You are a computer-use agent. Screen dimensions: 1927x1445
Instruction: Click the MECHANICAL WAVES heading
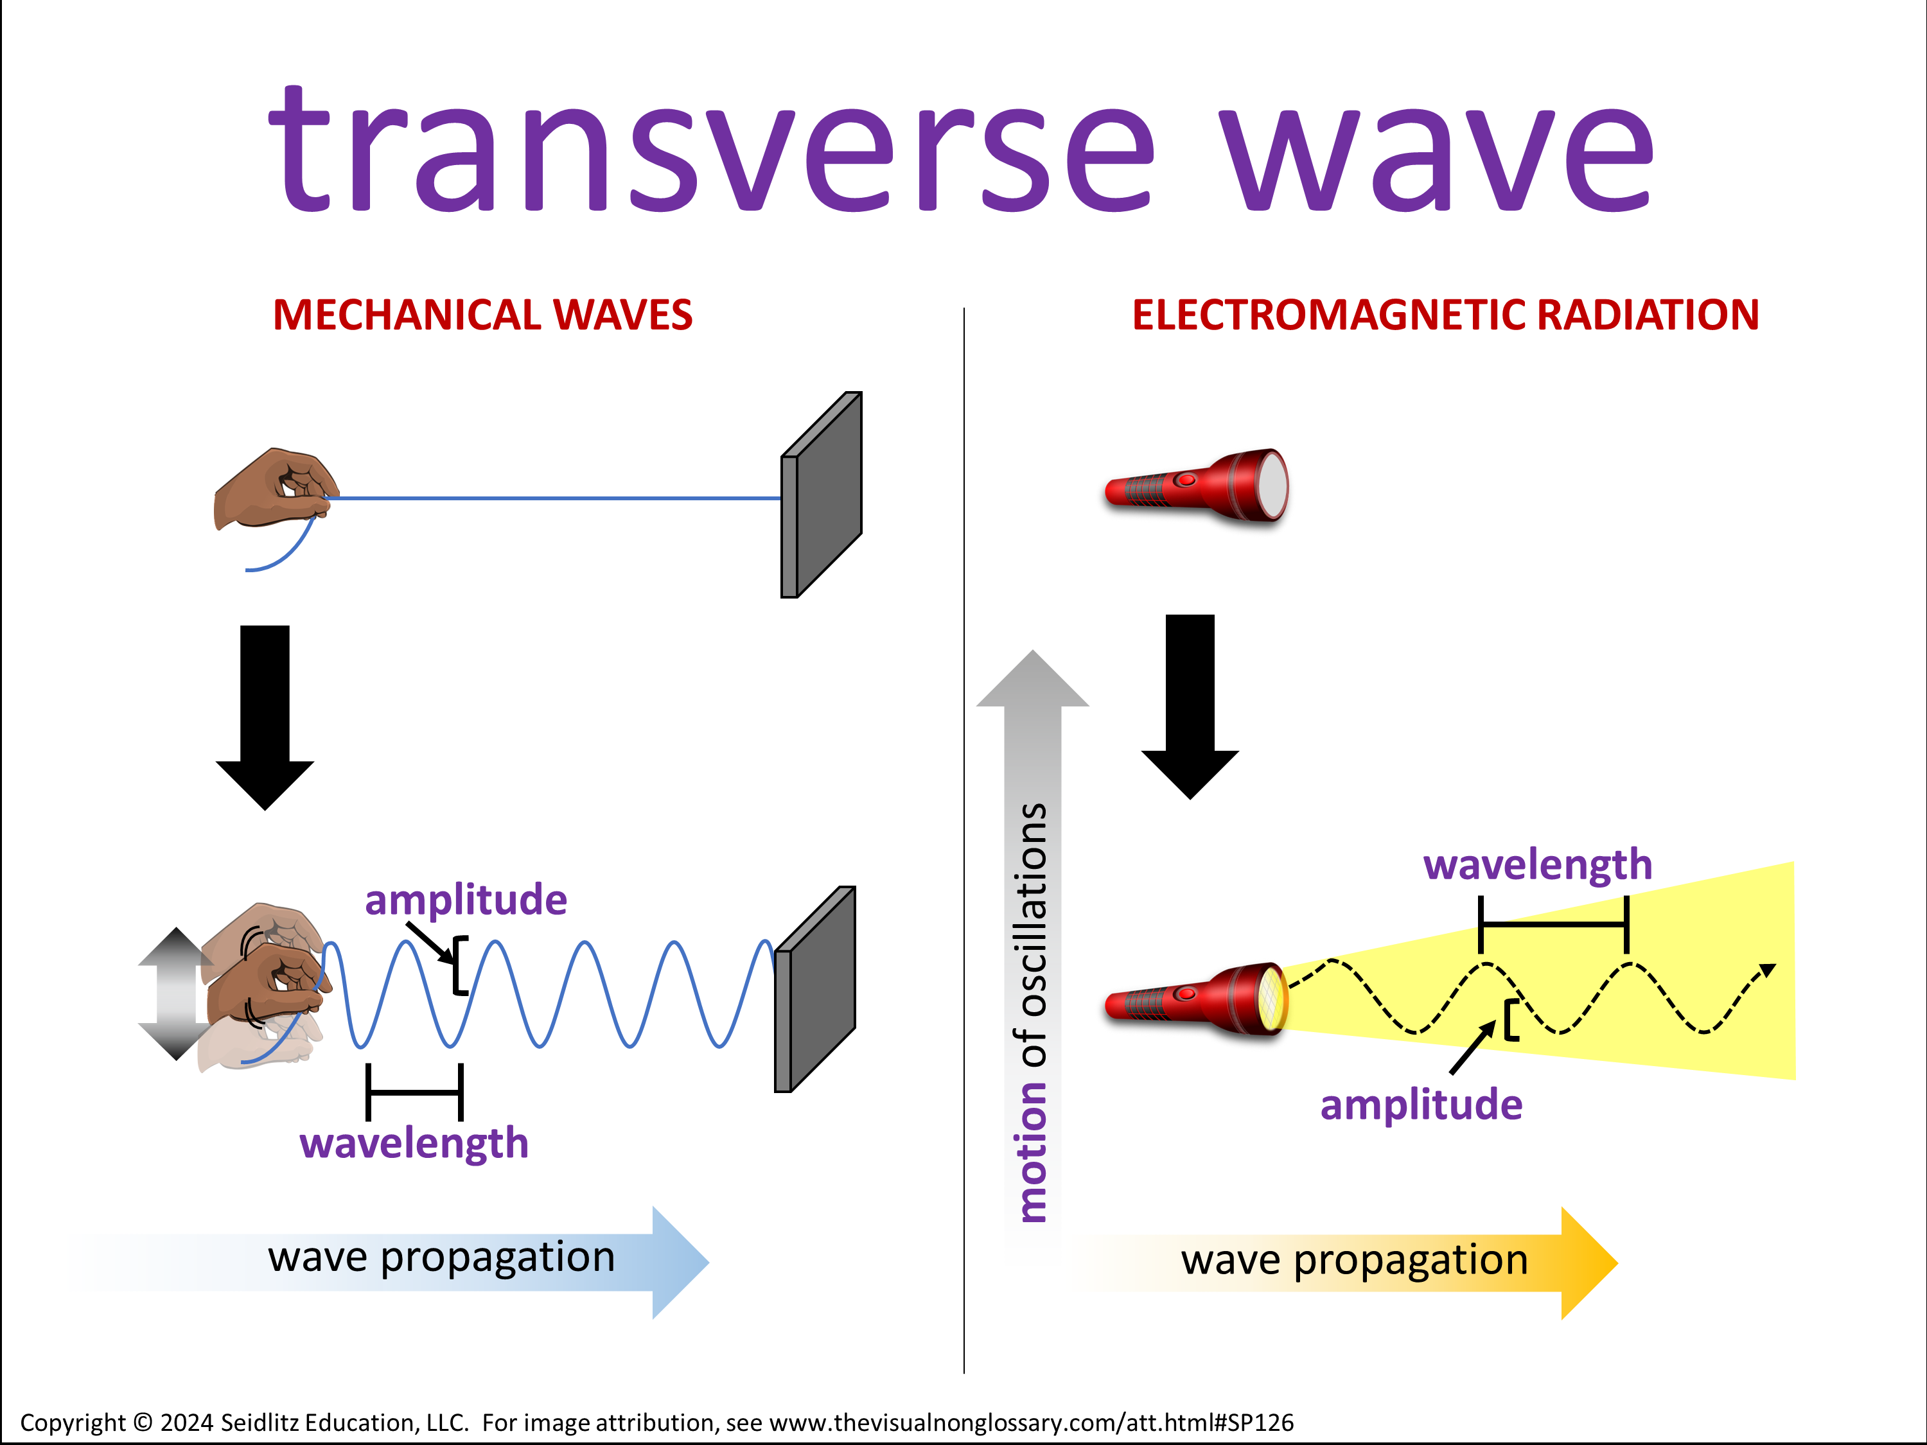tap(482, 315)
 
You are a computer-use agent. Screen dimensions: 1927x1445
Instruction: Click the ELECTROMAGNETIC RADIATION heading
tap(1445, 315)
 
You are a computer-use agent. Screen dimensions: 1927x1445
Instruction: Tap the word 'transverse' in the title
tap(712, 149)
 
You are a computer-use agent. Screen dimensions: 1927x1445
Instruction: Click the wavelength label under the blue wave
tap(414, 1144)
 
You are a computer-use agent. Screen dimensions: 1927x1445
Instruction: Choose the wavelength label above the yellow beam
tap(1538, 865)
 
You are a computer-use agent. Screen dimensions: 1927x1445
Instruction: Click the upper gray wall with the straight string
tap(822, 495)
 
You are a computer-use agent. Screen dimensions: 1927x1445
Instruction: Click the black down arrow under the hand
tap(265, 718)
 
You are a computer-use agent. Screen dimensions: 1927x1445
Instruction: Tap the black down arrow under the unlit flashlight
tap(1190, 706)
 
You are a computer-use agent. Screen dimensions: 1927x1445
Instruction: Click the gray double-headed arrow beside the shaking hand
tap(176, 994)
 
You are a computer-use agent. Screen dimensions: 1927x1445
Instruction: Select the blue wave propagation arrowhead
tap(680, 1262)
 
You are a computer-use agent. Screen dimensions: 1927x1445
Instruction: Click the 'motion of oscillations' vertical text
tap(1032, 1012)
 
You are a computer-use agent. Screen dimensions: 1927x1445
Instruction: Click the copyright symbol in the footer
tap(144, 1423)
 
